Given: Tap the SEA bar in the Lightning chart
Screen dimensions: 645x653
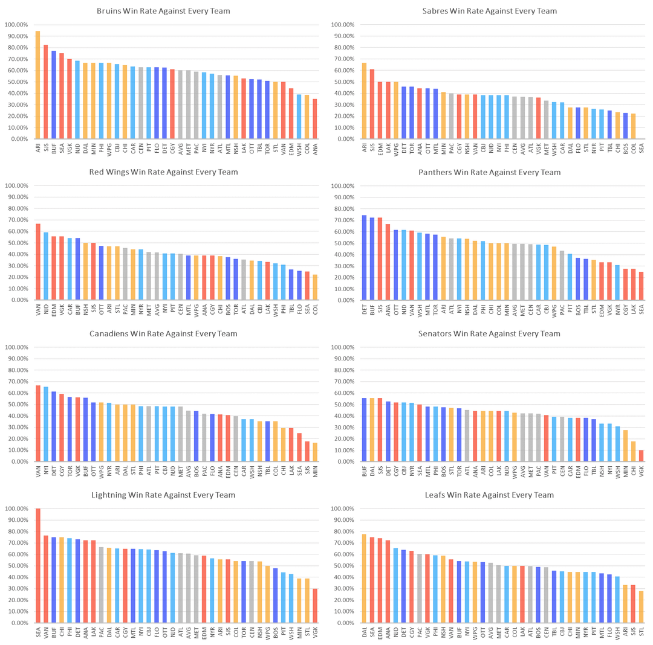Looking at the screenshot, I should tap(37, 565).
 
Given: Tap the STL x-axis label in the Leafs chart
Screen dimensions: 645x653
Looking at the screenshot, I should tap(641, 633).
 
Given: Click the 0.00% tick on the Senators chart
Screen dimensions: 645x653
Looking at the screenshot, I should tap(345, 461).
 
